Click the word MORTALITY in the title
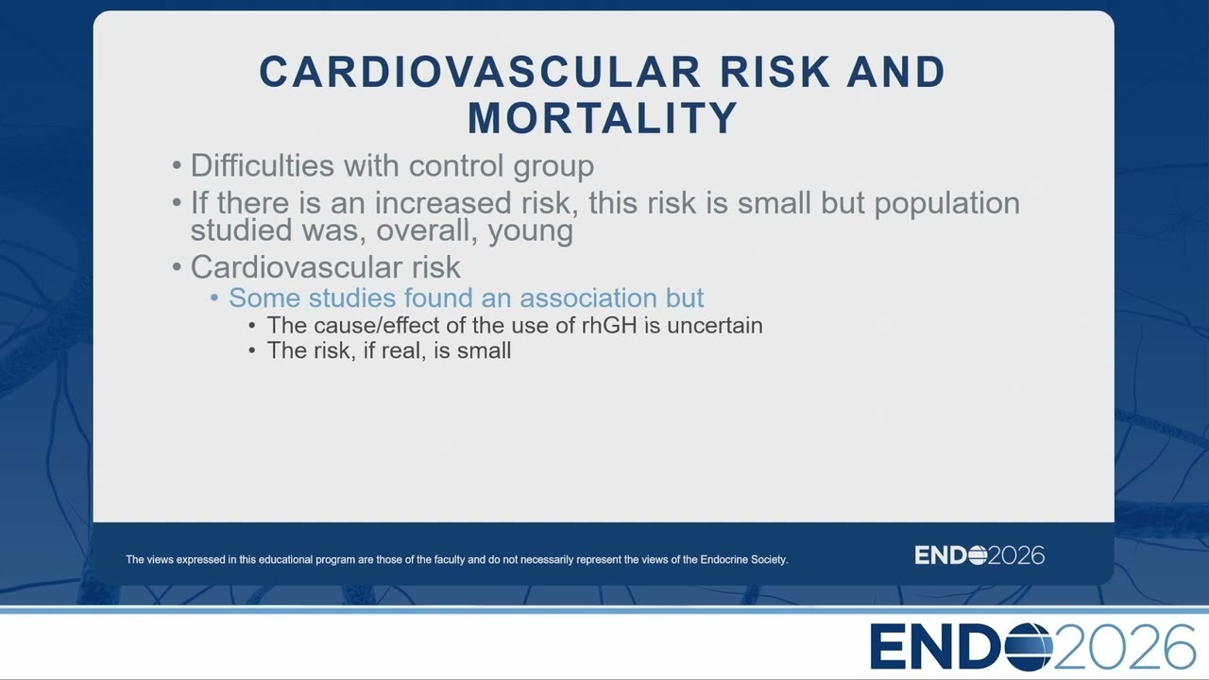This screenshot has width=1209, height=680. click(x=603, y=118)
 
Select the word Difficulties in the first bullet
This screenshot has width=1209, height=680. click(x=263, y=164)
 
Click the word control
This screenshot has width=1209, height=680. click(x=456, y=164)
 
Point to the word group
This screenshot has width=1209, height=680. click(x=553, y=168)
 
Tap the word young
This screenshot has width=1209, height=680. click(x=530, y=232)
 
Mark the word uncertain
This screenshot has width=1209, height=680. click(x=715, y=326)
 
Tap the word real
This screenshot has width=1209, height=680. click(x=400, y=350)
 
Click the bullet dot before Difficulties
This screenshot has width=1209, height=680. click(x=177, y=165)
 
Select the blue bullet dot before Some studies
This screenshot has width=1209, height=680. click(x=214, y=297)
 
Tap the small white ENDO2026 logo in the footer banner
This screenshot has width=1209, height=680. click(x=979, y=555)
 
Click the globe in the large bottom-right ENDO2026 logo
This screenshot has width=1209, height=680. click(x=1029, y=646)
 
